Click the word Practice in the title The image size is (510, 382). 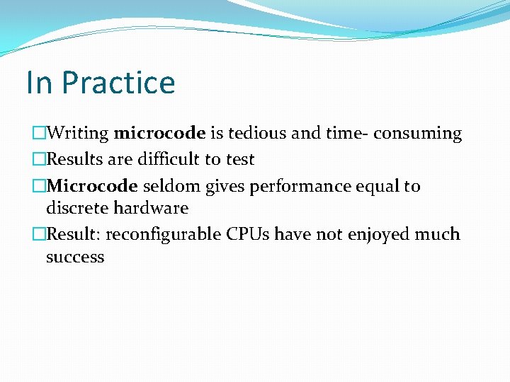[118, 82]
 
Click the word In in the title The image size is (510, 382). [39, 82]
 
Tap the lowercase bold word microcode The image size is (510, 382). [159, 133]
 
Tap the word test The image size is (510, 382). [239, 159]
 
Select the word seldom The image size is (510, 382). [172, 186]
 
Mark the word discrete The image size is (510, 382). [74, 208]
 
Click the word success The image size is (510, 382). [74, 257]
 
